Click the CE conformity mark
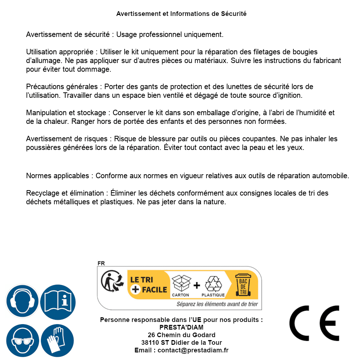tap(314, 321)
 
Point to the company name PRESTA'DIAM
tap(181, 327)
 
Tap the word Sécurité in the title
tap(234, 14)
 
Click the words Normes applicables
tap(58, 176)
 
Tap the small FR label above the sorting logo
tap(101, 263)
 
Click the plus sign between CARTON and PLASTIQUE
tap(197, 285)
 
